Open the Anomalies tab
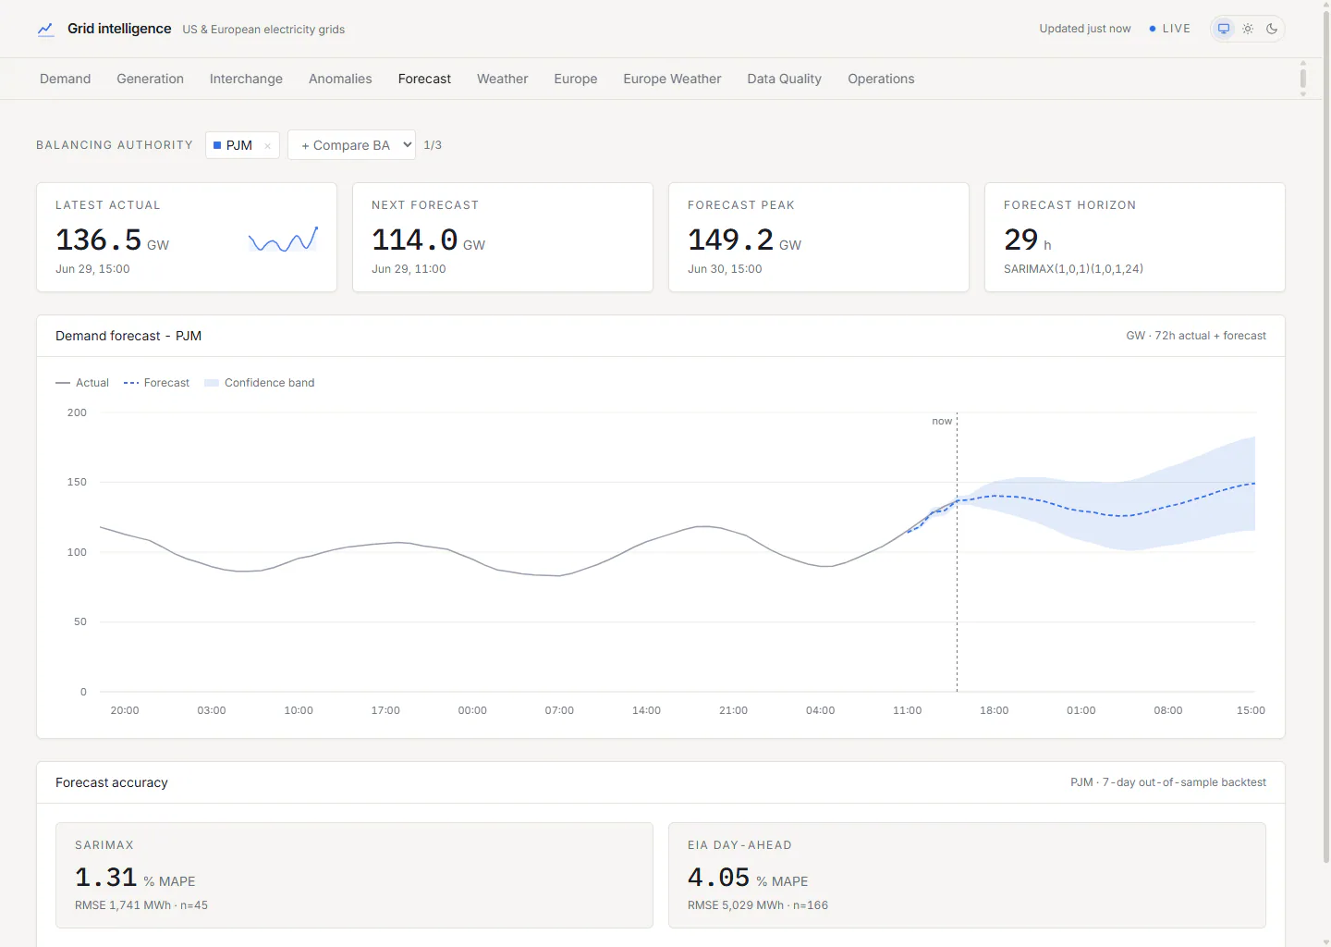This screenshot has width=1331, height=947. coord(340,79)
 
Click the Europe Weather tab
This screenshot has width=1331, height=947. coord(671,79)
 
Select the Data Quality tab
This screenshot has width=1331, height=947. coord(784,79)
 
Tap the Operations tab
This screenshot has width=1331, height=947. coord(881,79)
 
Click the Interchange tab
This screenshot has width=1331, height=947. coord(246,79)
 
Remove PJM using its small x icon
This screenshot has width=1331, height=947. coord(267,145)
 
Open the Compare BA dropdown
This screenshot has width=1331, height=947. coord(352,145)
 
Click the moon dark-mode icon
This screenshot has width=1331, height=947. coord(1272,29)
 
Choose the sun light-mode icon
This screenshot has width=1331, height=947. coord(1248,29)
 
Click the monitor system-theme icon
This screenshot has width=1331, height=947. coord(1224,29)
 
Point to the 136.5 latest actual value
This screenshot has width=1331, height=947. coord(99,240)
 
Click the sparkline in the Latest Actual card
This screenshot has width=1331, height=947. coord(284,239)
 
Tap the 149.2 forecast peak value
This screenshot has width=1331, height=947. coord(730,240)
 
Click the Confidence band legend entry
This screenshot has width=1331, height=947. coord(259,383)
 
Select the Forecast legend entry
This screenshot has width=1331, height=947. coord(156,383)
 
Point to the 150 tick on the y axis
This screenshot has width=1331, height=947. coord(77,482)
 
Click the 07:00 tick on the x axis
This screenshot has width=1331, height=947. coord(559,710)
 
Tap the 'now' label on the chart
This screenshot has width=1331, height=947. coord(942,421)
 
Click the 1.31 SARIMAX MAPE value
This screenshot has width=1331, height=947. coord(105,878)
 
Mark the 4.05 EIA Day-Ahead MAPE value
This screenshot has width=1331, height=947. coord(718,878)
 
